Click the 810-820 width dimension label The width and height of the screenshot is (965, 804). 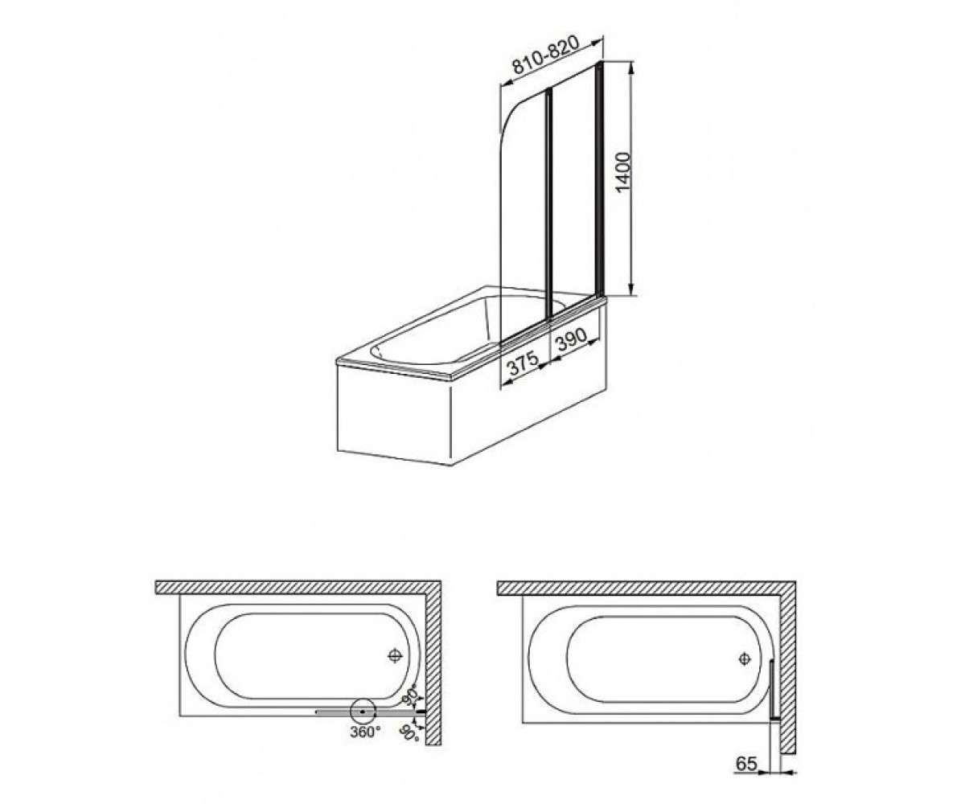pos(546,55)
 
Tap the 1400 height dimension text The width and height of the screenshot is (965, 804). pos(623,172)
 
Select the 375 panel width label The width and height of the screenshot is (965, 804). pos(524,363)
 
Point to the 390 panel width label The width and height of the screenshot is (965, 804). pos(570,340)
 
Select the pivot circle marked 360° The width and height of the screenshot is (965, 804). pos(363,712)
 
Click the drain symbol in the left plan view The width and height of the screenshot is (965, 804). pos(394,656)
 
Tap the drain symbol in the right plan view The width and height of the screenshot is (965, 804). pos(744,659)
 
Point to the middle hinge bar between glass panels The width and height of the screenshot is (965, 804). pos(549,203)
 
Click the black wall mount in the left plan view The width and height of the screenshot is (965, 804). pos(421,712)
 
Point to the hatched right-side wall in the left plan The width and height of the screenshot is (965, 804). pos(433,667)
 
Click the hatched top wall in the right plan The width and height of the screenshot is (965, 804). pos(647,589)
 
